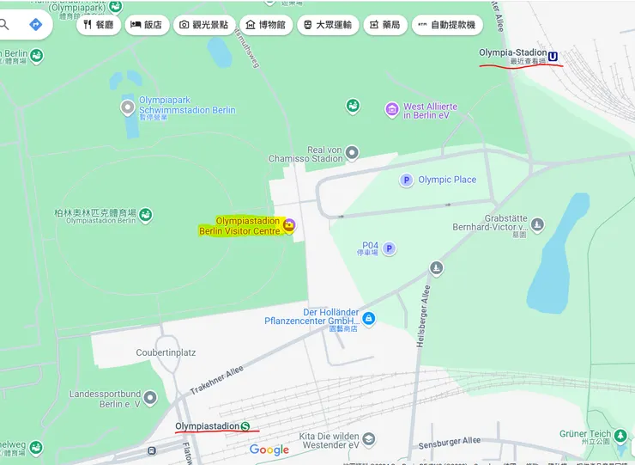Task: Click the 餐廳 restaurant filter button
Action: click(99, 25)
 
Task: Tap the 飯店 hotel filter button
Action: click(146, 25)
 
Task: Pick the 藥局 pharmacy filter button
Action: click(384, 25)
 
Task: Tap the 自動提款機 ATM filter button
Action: click(447, 25)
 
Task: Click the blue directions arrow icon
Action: click(35, 24)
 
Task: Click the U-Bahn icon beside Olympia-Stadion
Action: click(553, 57)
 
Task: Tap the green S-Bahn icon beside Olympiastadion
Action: click(245, 425)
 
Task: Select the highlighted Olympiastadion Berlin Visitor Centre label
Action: click(241, 226)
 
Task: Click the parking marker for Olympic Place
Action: click(406, 180)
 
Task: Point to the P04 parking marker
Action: click(389, 248)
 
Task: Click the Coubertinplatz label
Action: click(166, 352)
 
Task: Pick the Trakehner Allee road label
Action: click(217, 379)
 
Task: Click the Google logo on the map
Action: click(269, 450)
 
